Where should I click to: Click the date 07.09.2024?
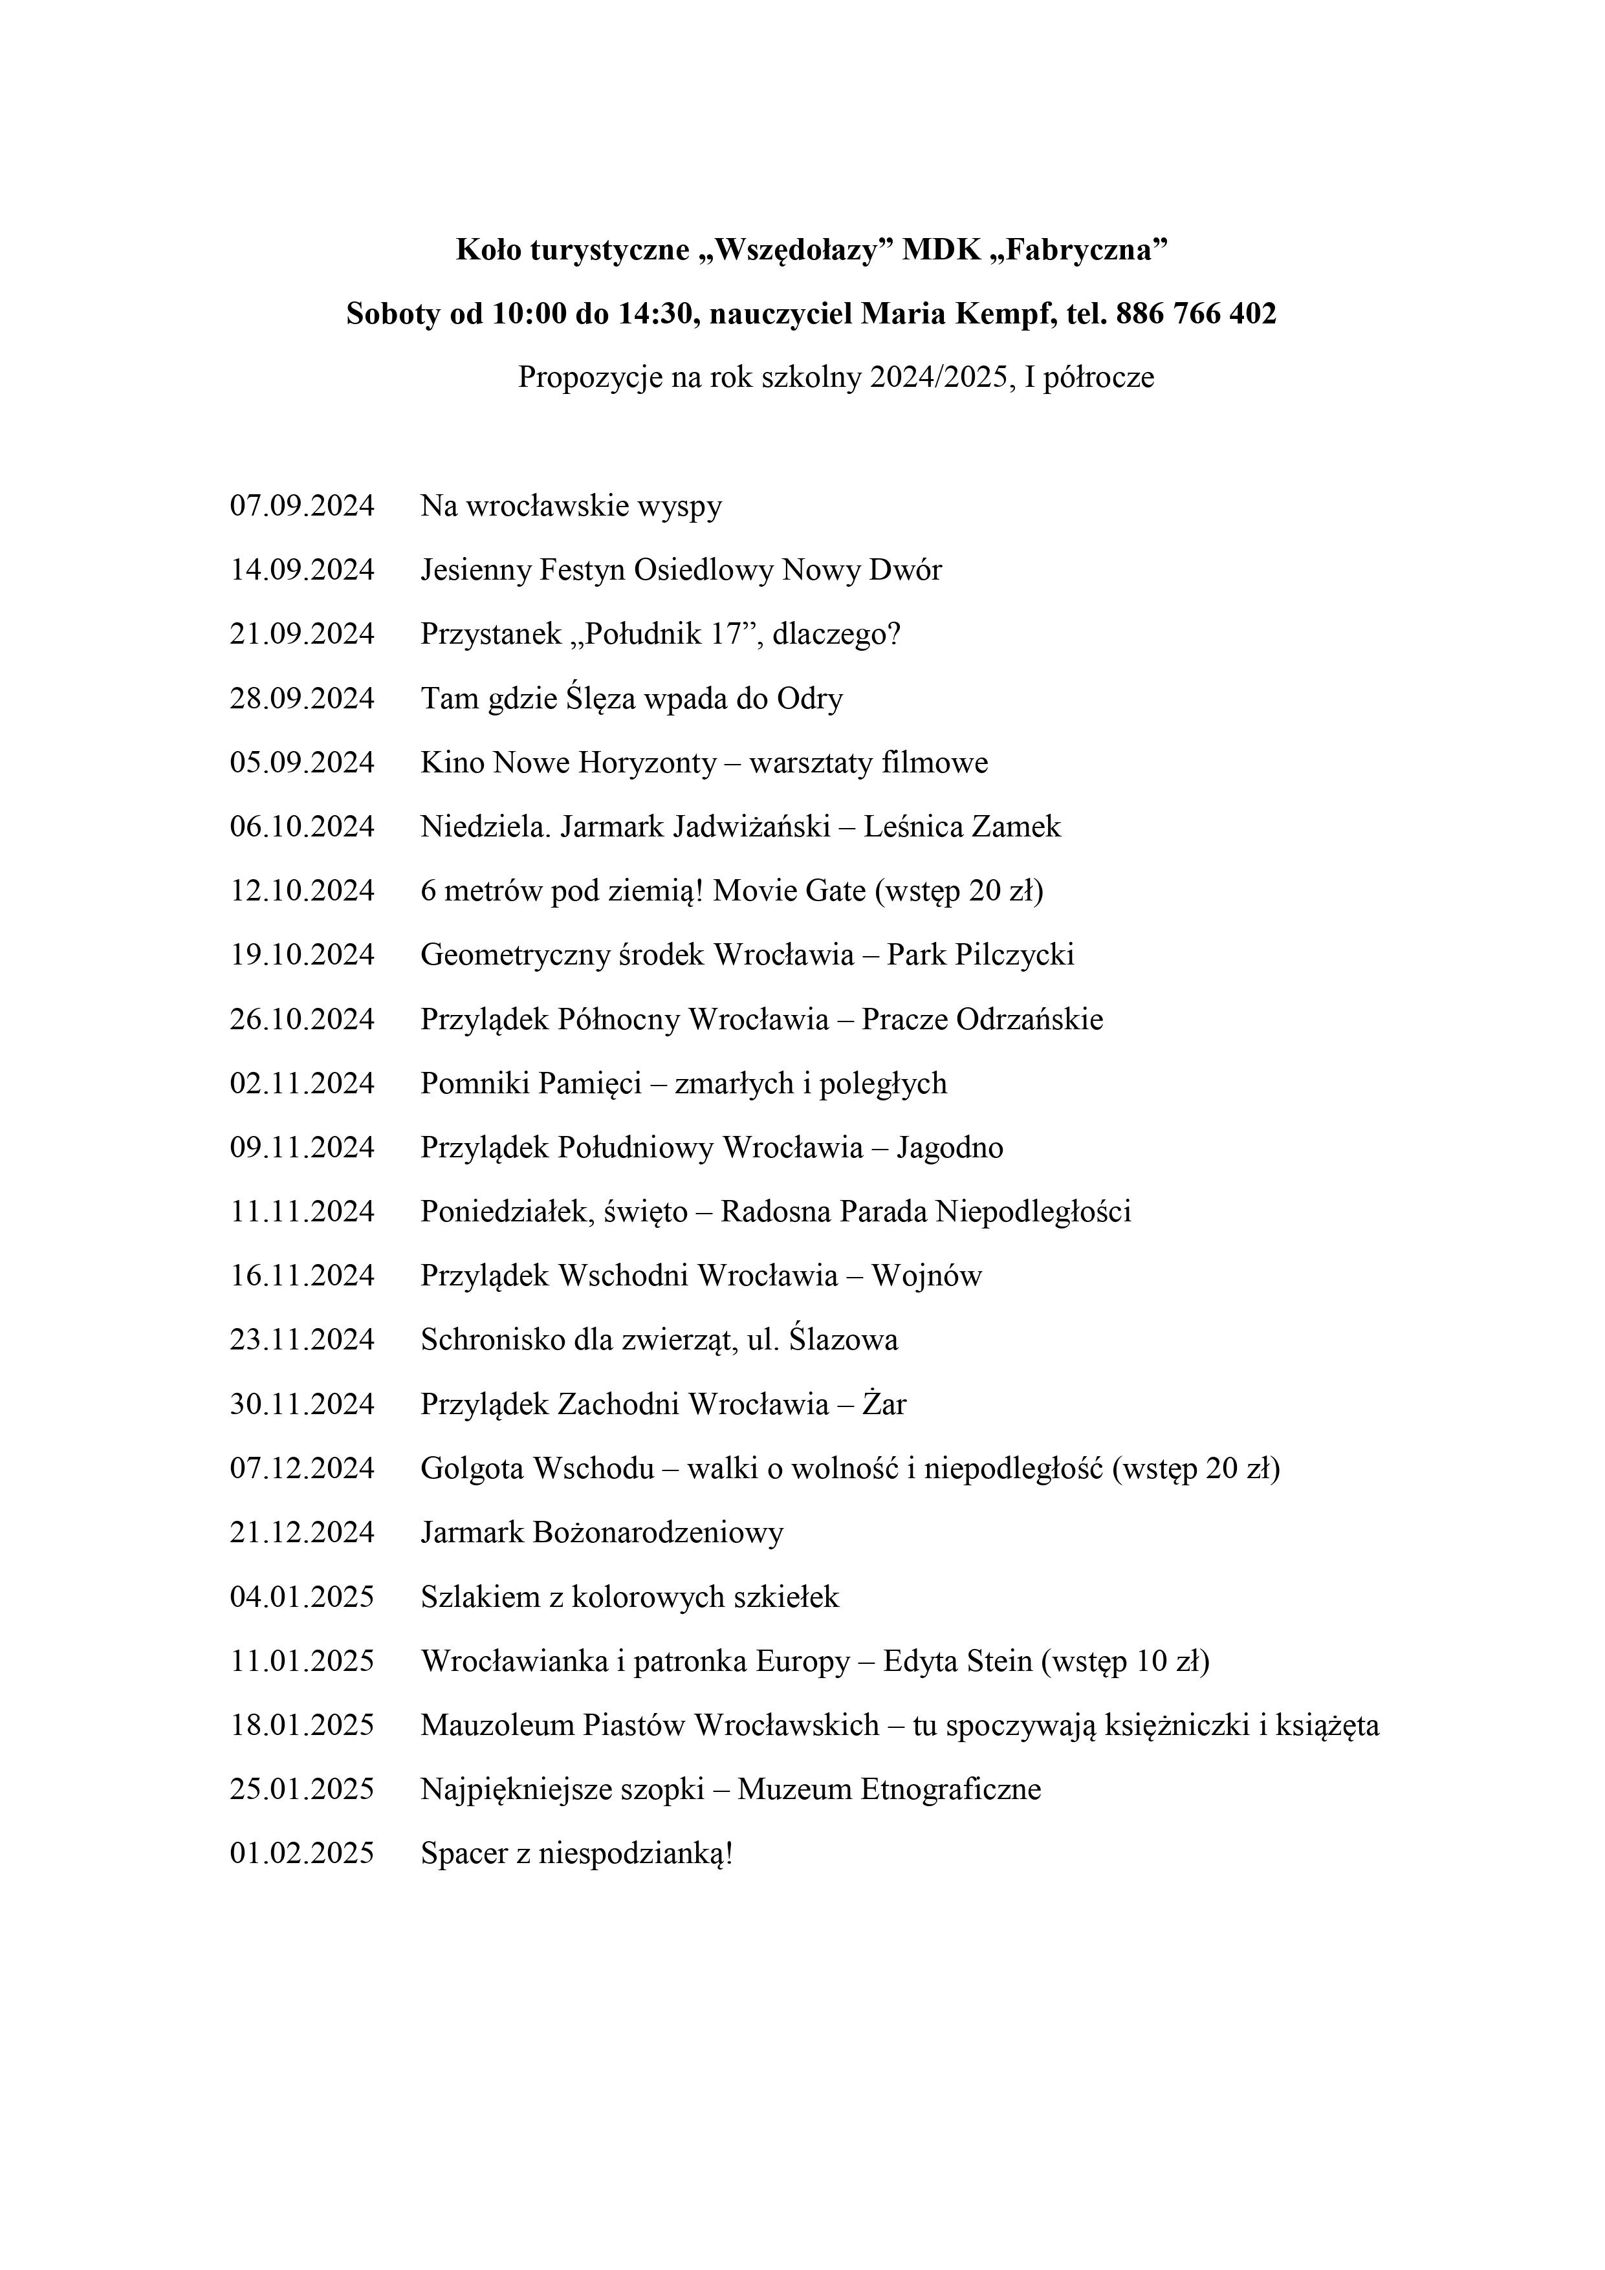click(303, 506)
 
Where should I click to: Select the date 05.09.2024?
click(303, 763)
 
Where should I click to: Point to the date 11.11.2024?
click(303, 1212)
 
